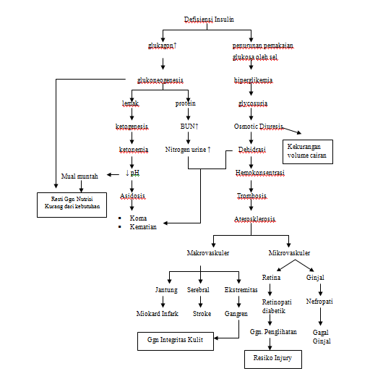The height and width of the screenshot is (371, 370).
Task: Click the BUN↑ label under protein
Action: pyautogui.click(x=189, y=126)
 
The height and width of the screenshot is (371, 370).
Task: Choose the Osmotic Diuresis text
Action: pyautogui.click(x=259, y=126)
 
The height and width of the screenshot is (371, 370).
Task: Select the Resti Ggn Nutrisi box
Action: pyautogui.click(x=69, y=204)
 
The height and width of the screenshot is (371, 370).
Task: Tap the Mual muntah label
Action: pyautogui.click(x=79, y=174)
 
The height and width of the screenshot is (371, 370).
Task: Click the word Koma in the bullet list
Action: pyautogui.click(x=138, y=218)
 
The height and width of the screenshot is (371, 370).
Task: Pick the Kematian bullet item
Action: pyautogui.click(x=143, y=228)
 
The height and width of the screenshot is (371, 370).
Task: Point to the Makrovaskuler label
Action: pyautogui.click(x=209, y=253)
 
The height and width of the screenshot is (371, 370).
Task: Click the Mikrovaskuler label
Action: pyautogui.click(x=289, y=253)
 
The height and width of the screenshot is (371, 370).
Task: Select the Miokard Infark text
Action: pyautogui.click(x=158, y=314)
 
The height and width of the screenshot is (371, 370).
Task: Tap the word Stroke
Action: pyautogui.click(x=202, y=314)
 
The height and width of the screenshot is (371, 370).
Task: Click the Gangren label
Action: pyautogui.click(x=236, y=314)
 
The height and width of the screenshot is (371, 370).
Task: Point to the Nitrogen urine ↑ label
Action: pyautogui.click(x=189, y=150)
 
